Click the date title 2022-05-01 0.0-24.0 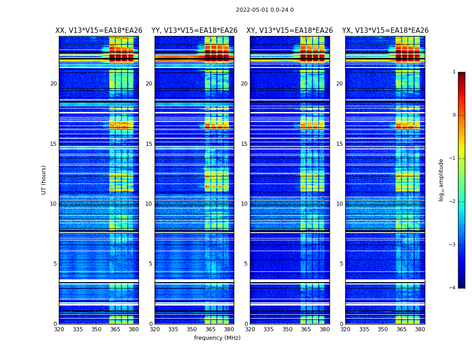click(265, 10)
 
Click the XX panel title click(99, 31)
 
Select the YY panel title click(194, 31)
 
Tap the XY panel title click(289, 31)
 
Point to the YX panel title click(385, 31)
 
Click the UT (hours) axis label click(44, 180)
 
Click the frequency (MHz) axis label click(217, 338)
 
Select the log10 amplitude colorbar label click(441, 180)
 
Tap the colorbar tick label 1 click(454, 72)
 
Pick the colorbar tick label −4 click(452, 288)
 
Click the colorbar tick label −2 click(452, 202)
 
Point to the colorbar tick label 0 click(454, 115)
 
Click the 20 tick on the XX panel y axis click(53, 84)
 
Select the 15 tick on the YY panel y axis click(149, 144)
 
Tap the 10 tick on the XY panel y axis click(244, 204)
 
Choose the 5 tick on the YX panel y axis click(341, 264)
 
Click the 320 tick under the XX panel click(59, 329)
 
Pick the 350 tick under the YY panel click(192, 329)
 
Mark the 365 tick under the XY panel click(306, 329)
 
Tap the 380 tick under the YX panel click(420, 329)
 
